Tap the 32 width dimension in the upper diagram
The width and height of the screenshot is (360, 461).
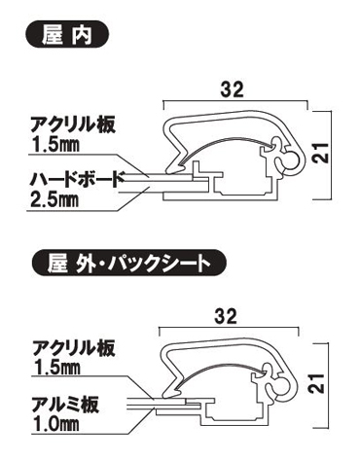point(231,89)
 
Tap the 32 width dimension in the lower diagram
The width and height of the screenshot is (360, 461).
point(231,316)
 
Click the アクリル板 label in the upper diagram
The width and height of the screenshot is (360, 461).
point(66,124)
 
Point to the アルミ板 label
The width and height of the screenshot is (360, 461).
point(62,401)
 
